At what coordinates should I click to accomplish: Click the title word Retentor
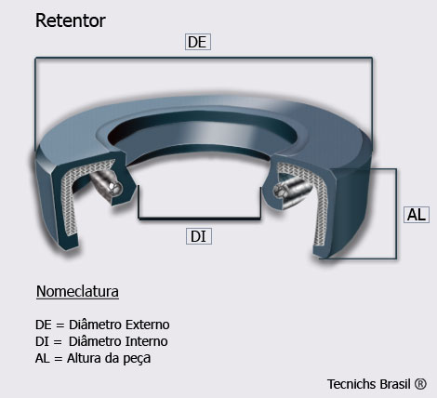pyautogui.click(x=71, y=20)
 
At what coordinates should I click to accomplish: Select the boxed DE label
pyautogui.click(x=198, y=42)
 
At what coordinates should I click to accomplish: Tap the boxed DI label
pyautogui.click(x=199, y=236)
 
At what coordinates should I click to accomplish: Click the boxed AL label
pyautogui.click(x=417, y=215)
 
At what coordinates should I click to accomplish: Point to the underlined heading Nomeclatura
pyautogui.click(x=77, y=291)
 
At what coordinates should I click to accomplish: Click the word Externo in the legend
pyautogui.click(x=148, y=325)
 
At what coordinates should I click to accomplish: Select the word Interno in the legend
pyautogui.click(x=147, y=341)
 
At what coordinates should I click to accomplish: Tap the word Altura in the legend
pyautogui.click(x=84, y=358)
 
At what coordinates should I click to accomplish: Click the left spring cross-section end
pyautogui.click(x=115, y=188)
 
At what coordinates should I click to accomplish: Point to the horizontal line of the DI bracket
pyautogui.click(x=199, y=219)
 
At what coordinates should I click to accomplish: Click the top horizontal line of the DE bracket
pyautogui.click(x=204, y=58)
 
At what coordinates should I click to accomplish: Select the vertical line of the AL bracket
pyautogui.click(x=396, y=214)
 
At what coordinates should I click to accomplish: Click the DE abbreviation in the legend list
pyautogui.click(x=44, y=325)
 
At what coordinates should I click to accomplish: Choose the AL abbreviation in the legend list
pyautogui.click(x=43, y=358)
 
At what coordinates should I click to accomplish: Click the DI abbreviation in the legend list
pyautogui.click(x=42, y=341)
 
